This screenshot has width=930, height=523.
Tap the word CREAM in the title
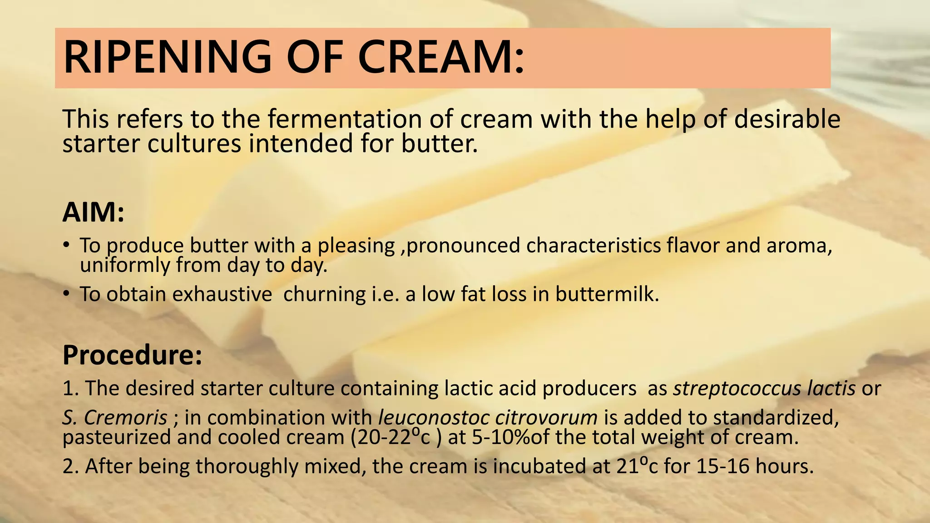click(x=441, y=58)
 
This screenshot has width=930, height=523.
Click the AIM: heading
click(x=93, y=212)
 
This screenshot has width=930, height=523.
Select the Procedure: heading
click(x=132, y=355)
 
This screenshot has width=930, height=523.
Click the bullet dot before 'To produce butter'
click(x=66, y=245)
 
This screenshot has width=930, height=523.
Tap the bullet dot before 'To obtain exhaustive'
click(x=66, y=294)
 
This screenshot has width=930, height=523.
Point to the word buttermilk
click(x=607, y=294)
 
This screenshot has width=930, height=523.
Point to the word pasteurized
click(x=117, y=438)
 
